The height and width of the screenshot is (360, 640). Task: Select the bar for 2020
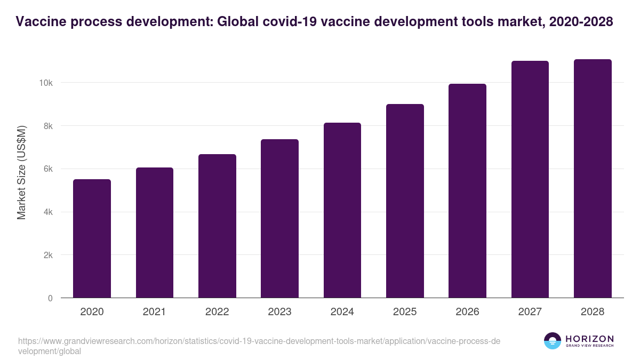click(92, 238)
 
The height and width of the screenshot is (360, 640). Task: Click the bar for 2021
click(155, 233)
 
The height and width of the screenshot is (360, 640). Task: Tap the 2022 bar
click(217, 226)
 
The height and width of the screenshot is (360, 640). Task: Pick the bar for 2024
click(342, 210)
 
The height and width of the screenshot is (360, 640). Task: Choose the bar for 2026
click(467, 190)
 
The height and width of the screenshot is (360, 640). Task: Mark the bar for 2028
click(593, 178)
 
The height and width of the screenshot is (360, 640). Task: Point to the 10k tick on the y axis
click(45, 83)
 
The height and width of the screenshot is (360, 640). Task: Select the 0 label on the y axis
click(50, 298)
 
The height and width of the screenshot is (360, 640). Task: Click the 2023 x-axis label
click(279, 312)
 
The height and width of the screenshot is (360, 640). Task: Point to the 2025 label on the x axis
click(405, 312)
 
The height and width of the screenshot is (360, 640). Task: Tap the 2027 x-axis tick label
click(530, 312)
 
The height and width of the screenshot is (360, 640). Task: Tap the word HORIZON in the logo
click(589, 339)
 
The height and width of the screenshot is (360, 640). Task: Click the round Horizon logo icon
click(553, 341)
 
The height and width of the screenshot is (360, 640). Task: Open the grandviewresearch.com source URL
click(259, 341)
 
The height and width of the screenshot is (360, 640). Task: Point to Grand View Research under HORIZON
click(589, 346)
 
